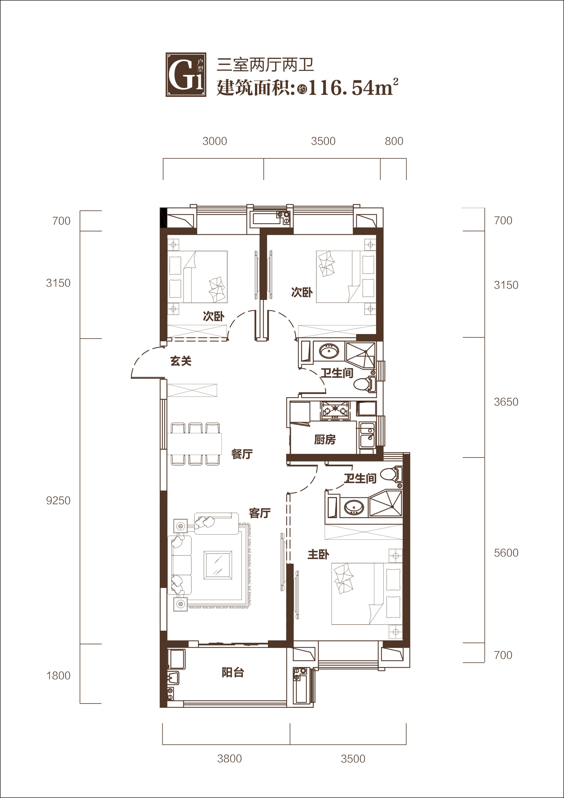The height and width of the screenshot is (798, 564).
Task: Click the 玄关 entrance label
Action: click(x=181, y=361)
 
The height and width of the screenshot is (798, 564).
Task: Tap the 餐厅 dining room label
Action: click(x=242, y=454)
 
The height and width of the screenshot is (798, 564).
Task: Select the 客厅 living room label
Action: click(x=260, y=513)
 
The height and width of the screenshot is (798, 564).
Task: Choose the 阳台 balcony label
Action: click(x=233, y=672)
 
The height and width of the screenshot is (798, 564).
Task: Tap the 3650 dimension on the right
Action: click(x=506, y=402)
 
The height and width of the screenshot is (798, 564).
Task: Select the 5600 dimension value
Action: click(x=506, y=553)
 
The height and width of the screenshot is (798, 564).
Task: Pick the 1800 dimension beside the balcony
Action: click(x=58, y=676)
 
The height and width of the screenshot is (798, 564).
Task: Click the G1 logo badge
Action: click(x=186, y=75)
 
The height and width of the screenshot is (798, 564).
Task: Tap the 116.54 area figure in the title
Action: click(x=341, y=88)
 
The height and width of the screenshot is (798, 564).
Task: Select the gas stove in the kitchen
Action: click(x=335, y=410)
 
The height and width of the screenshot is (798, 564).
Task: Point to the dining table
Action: click(x=195, y=444)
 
